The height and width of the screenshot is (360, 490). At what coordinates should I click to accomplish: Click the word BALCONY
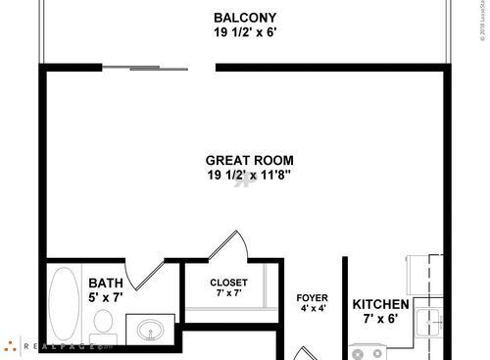click(x=245, y=18)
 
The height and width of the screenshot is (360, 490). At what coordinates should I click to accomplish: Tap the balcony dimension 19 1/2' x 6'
click(x=245, y=32)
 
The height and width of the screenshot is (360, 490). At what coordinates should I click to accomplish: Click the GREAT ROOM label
click(x=249, y=161)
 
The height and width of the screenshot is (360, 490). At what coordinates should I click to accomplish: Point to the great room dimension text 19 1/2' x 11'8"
click(x=249, y=176)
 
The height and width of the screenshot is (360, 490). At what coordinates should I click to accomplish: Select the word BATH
click(x=105, y=283)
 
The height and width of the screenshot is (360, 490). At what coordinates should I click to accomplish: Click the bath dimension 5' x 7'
click(x=105, y=298)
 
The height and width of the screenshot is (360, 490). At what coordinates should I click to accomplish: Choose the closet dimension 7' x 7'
click(x=228, y=293)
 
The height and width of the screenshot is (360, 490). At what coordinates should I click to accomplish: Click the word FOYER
click(x=312, y=298)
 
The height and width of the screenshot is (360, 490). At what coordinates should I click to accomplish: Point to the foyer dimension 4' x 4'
click(x=312, y=309)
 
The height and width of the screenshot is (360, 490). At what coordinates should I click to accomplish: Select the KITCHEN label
click(x=380, y=304)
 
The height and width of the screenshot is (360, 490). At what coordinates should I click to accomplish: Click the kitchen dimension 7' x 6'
click(x=380, y=319)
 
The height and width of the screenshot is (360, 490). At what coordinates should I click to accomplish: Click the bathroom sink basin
click(x=151, y=329)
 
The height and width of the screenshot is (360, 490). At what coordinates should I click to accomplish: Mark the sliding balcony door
click(x=145, y=68)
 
